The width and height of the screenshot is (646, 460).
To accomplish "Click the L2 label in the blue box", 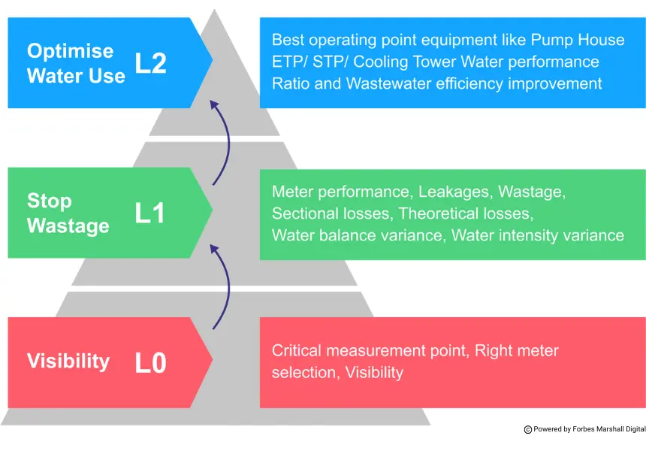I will [x=150, y=63].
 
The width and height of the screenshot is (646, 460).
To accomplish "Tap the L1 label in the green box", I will [x=149, y=213].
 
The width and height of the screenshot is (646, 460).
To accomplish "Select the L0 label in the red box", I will [x=150, y=363].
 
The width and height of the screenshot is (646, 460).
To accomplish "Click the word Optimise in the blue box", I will [x=71, y=51].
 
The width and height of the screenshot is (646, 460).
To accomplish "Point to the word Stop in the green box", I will [x=50, y=201].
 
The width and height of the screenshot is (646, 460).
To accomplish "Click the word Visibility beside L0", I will [x=68, y=362].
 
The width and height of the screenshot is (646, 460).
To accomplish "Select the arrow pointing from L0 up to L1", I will [x=221, y=288].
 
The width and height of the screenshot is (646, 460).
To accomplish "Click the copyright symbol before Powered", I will [x=528, y=429].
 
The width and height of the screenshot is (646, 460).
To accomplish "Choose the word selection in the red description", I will [x=305, y=372].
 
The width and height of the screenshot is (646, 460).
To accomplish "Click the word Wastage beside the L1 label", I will [x=68, y=226].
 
